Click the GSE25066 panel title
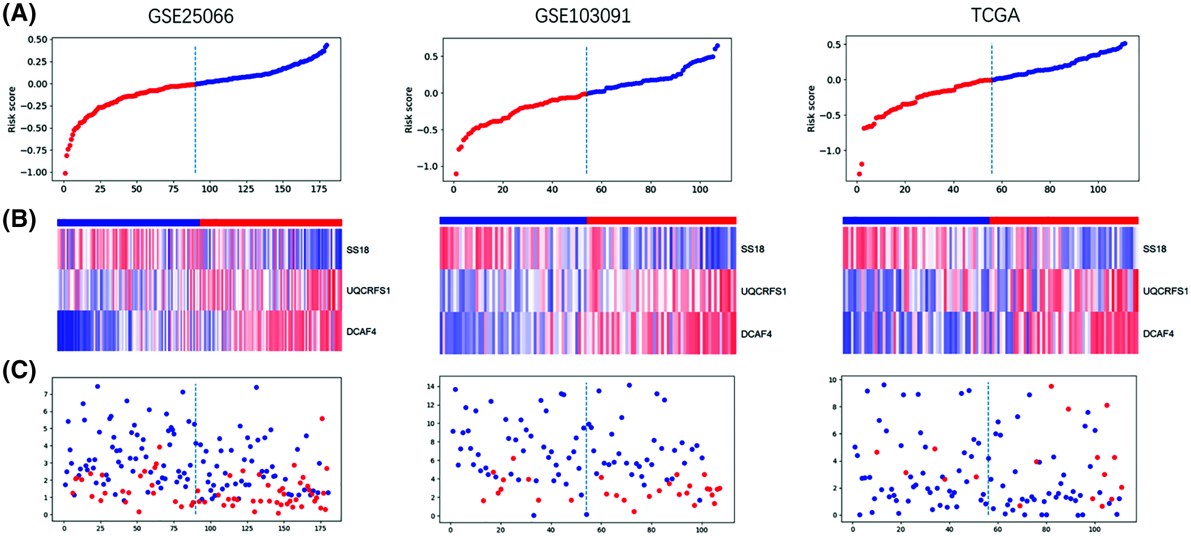(x=190, y=16)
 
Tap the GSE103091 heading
(x=582, y=16)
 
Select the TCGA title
(x=995, y=15)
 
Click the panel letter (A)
(x=19, y=13)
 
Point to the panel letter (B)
(x=19, y=219)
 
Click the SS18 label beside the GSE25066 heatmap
(x=358, y=250)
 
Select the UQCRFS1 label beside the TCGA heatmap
(x=1165, y=291)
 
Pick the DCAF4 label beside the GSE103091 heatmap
(x=756, y=334)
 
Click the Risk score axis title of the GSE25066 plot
(x=12, y=109)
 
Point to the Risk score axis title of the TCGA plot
(x=811, y=109)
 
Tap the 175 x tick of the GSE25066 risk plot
(x=319, y=189)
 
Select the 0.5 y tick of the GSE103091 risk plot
(x=431, y=56)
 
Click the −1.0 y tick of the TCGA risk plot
(x=830, y=151)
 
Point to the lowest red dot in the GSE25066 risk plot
(x=65, y=174)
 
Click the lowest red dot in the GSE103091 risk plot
(x=456, y=174)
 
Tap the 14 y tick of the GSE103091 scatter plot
(x=430, y=387)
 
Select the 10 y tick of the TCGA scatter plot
(x=833, y=380)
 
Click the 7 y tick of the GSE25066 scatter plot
(x=45, y=394)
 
